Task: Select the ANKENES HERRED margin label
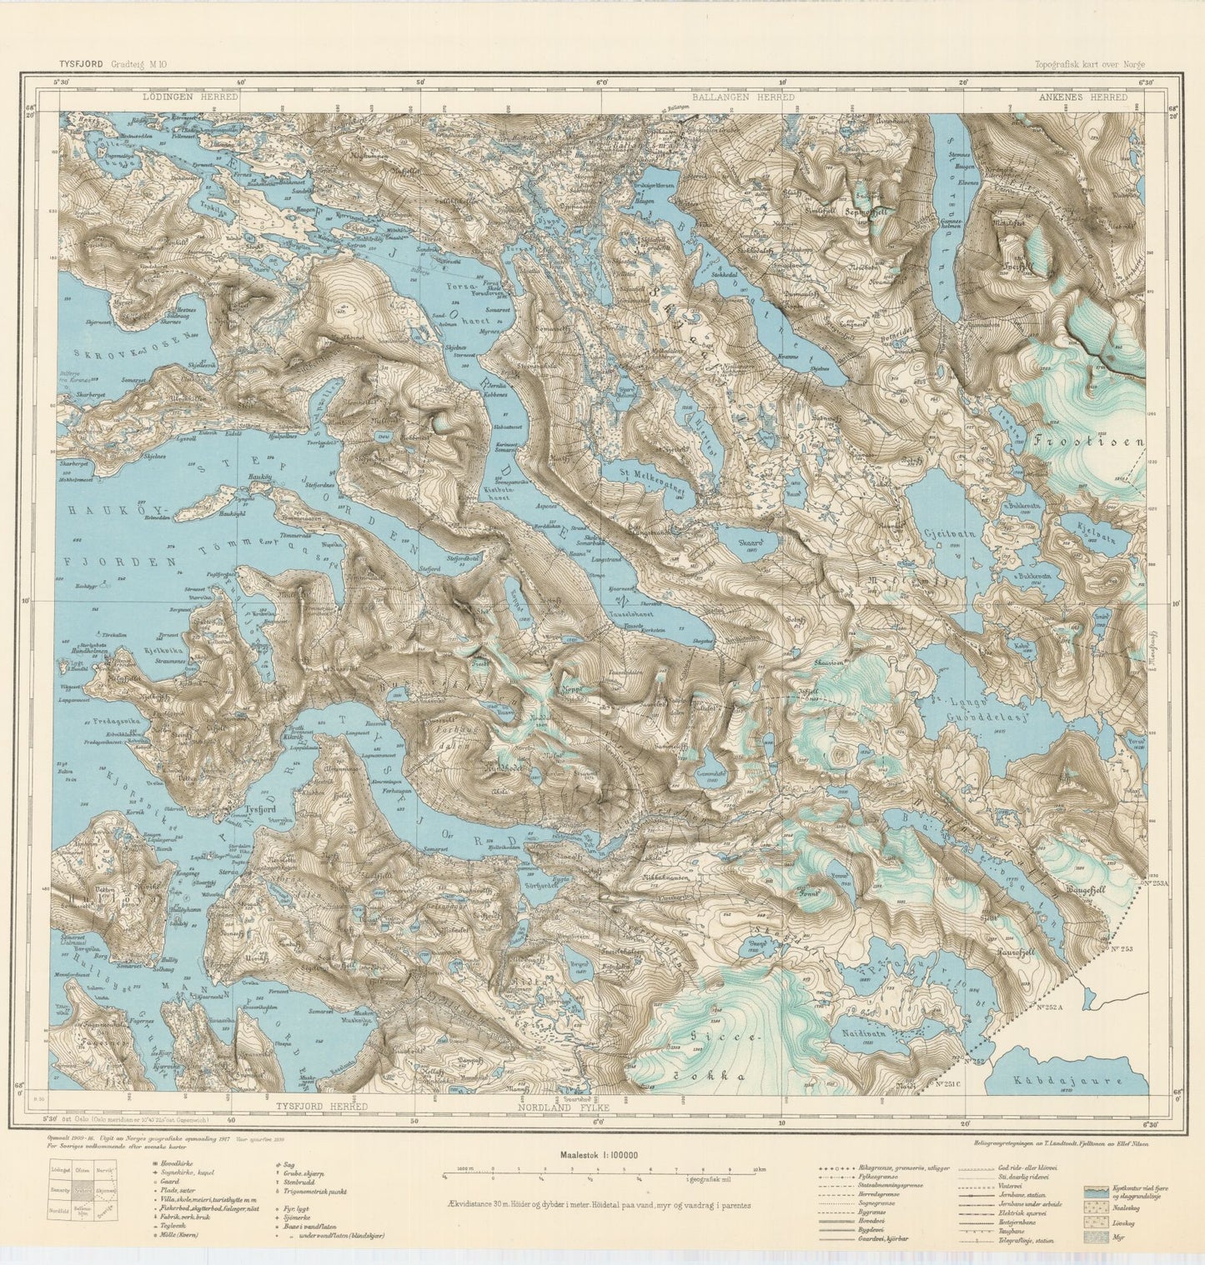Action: tap(1083, 97)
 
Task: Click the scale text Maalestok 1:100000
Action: tap(600, 1155)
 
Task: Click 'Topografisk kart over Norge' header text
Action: tap(1090, 63)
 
